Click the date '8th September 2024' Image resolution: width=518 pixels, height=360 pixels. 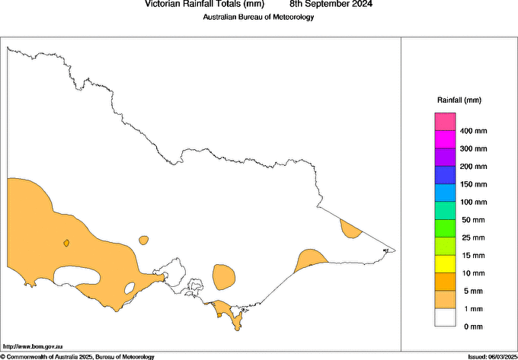click(331, 4)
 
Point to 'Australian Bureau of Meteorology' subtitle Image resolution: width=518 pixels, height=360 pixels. click(258, 18)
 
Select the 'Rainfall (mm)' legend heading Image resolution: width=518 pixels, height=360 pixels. click(459, 100)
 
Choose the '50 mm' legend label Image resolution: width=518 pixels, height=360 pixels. click(472, 220)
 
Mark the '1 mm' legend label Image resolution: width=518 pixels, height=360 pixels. click(472, 309)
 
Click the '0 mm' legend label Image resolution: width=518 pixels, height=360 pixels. click(472, 327)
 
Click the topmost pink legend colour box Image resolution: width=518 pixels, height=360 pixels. click(445, 122)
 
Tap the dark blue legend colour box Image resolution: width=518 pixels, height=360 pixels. click(445, 175)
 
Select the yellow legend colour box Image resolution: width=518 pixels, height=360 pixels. click(445, 264)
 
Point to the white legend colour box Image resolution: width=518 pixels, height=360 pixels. click(445, 317)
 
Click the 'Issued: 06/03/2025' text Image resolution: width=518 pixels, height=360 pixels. click(491, 356)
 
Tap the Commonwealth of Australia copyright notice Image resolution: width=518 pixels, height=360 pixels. click(78, 356)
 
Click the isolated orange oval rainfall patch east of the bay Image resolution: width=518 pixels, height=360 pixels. click(224, 276)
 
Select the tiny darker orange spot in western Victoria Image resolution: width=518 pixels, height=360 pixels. click(67, 244)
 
